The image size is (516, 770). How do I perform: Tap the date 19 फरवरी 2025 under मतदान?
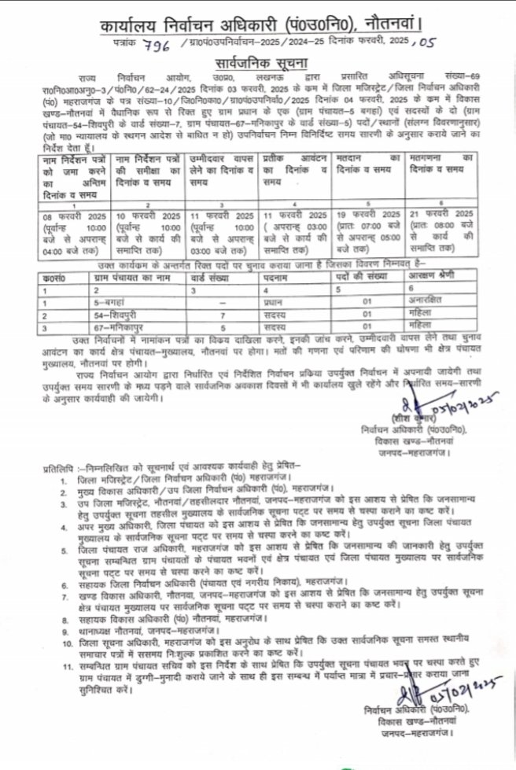point(367,214)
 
